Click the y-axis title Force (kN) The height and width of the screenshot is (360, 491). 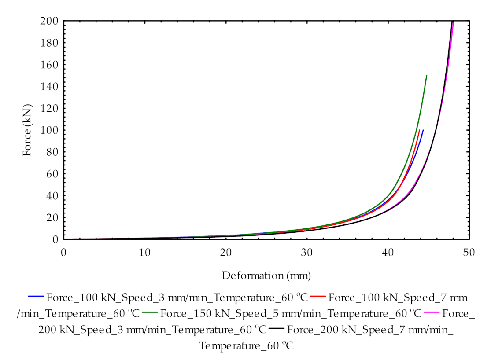pyautogui.click(x=27, y=130)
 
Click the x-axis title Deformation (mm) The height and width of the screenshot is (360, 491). pyautogui.click(x=266, y=276)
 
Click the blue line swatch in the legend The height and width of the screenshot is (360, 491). pyautogui.click(x=36, y=296)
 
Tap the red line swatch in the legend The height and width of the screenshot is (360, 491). pyautogui.click(x=318, y=296)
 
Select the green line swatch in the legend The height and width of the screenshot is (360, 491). pyautogui.click(x=150, y=313)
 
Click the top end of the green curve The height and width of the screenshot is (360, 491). pyautogui.click(x=427, y=75)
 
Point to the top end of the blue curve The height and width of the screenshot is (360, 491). pyautogui.click(x=423, y=130)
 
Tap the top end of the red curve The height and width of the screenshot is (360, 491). pyautogui.click(x=420, y=130)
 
